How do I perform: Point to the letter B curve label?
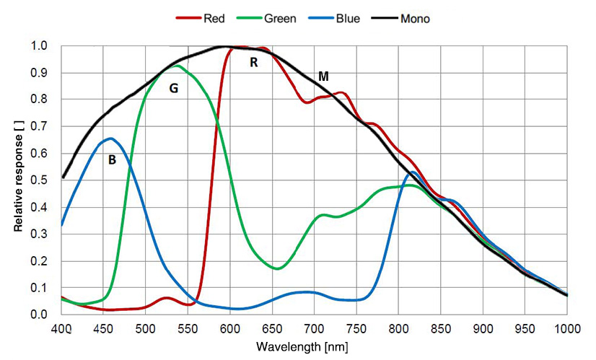tap(112, 160)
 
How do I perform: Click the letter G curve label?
tap(173, 89)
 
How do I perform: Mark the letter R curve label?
tap(253, 63)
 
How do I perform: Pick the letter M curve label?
tap(324, 76)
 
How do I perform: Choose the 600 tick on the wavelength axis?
tap(230, 329)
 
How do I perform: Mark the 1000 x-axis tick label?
tap(566, 329)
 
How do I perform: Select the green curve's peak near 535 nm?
tap(176, 66)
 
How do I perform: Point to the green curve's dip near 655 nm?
tap(278, 268)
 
